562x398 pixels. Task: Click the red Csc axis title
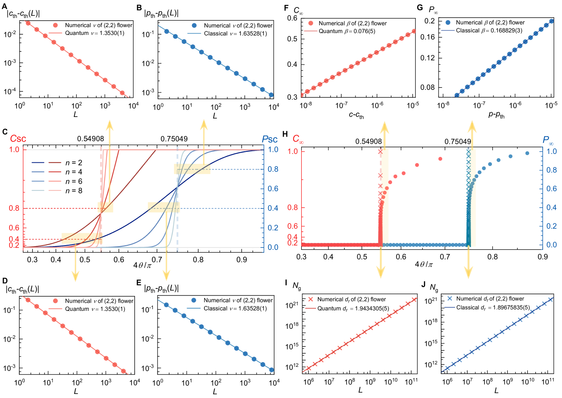[x=18, y=138]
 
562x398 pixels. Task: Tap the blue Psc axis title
[x=270, y=139]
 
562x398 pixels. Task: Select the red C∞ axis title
[x=298, y=139]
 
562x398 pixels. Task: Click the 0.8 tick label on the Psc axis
[x=273, y=169]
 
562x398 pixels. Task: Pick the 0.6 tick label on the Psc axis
[x=273, y=188]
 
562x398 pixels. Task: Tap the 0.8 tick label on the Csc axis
[x=14, y=208]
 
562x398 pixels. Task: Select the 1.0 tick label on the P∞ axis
[x=552, y=151]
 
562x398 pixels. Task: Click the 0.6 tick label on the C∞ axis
[x=293, y=226]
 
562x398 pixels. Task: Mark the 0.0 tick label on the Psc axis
[x=273, y=247]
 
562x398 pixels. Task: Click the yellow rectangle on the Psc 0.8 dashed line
[x=192, y=169]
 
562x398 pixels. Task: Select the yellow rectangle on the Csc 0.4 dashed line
[x=82, y=238]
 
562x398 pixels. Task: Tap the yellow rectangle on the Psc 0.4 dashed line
[x=164, y=207]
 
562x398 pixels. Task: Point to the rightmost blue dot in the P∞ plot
[x=527, y=153]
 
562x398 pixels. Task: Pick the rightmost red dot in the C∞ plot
[x=440, y=159]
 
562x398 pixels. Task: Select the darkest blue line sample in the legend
[x=38, y=163]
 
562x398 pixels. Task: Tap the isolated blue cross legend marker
[x=449, y=298]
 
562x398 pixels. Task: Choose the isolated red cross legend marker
[x=311, y=299]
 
